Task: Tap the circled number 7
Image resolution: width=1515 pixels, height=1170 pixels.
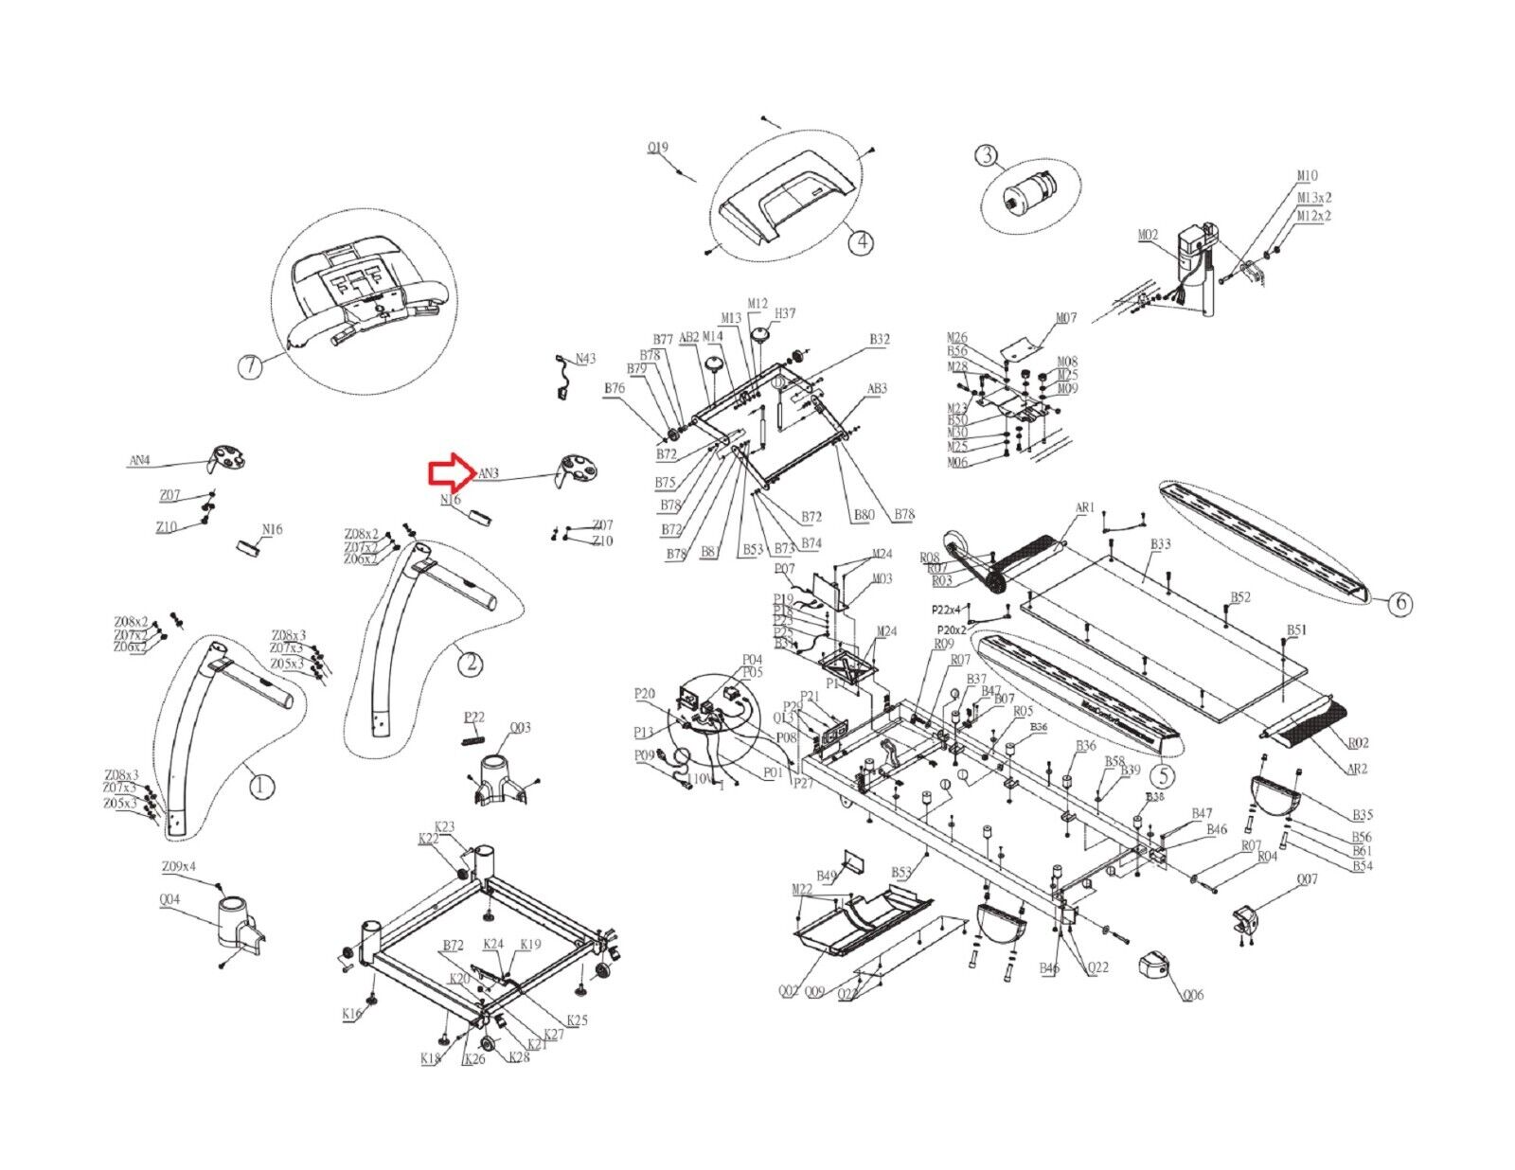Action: point(249,366)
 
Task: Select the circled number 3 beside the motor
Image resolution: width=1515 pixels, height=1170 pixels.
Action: point(988,155)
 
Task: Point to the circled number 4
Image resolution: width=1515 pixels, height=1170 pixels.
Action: point(861,242)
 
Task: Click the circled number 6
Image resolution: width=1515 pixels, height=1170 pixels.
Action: point(1401,603)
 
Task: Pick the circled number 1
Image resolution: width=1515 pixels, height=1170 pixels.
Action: point(261,785)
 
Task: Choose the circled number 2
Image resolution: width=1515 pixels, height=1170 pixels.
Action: point(470,664)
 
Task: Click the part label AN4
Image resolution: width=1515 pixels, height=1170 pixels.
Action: point(139,461)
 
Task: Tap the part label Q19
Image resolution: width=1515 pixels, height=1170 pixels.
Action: point(657,148)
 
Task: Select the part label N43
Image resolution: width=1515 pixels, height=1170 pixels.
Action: point(586,359)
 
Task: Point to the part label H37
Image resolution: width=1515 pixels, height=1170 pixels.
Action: point(785,313)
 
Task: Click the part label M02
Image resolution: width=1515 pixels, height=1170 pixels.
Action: point(1148,235)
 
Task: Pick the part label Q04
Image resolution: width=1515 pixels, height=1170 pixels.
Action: point(170,900)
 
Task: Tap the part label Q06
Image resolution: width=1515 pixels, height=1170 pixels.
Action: point(1193,995)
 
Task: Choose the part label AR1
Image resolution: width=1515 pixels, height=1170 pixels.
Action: point(1084,507)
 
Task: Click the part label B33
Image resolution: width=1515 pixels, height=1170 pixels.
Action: point(1160,544)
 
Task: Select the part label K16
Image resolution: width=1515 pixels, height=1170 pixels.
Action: point(351,1014)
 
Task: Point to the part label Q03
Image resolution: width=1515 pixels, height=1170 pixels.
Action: point(520,728)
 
